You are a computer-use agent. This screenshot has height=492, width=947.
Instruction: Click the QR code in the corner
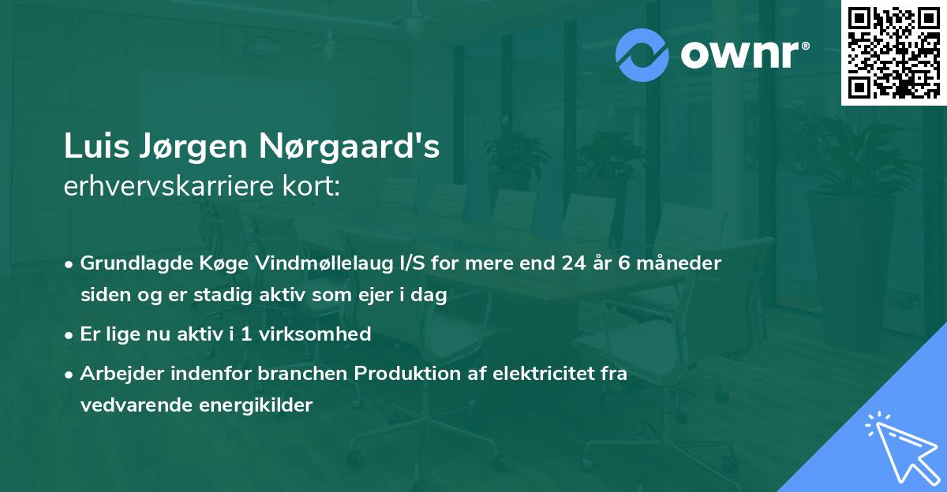(x=893, y=53)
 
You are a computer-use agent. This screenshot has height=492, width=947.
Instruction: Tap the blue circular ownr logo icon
(x=642, y=55)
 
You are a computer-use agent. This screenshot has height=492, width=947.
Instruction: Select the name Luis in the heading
(x=94, y=148)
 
